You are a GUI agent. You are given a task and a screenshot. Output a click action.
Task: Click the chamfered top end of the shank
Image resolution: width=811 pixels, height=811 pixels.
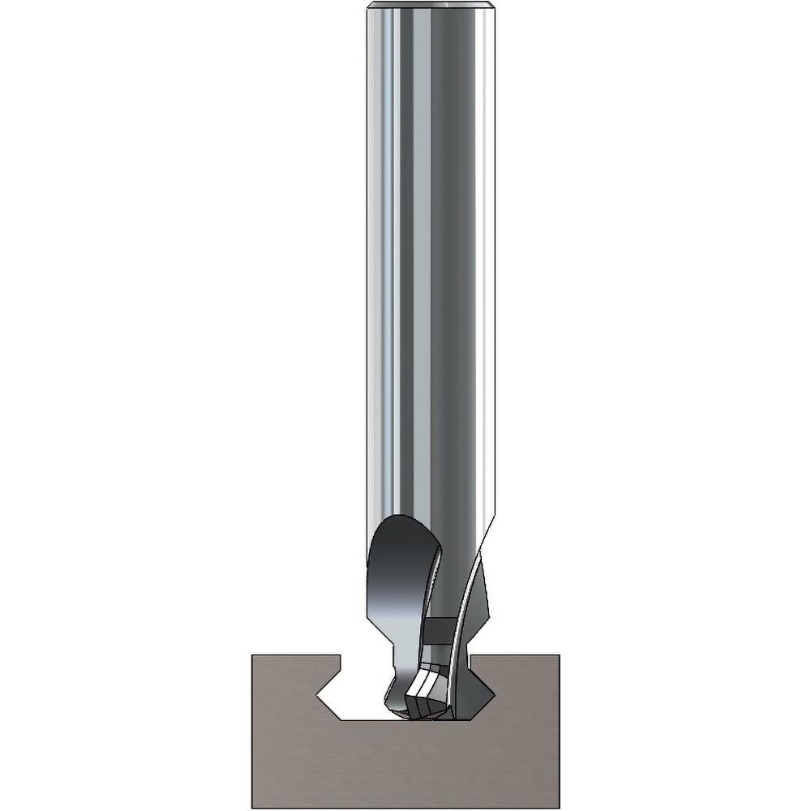(x=431, y=6)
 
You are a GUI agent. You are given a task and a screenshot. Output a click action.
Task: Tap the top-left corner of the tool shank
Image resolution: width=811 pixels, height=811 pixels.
(x=367, y=6)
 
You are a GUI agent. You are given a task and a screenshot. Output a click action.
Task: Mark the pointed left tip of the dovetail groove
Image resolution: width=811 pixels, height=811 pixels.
(x=317, y=695)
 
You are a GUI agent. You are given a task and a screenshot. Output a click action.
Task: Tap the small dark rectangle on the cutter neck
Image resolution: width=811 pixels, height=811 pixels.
(x=439, y=629)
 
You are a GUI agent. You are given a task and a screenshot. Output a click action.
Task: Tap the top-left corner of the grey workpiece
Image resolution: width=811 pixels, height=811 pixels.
(x=252, y=654)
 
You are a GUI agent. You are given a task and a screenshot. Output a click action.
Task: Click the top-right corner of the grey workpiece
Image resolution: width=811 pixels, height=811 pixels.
(x=559, y=654)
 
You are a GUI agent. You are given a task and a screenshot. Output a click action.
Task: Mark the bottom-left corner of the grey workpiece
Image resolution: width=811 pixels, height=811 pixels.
(x=252, y=808)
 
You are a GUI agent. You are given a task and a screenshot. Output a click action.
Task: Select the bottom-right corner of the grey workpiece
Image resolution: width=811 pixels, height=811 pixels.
(x=559, y=808)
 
